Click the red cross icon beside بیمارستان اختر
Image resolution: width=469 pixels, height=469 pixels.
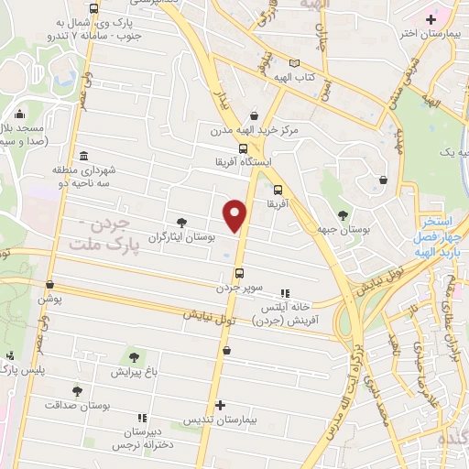tap(431, 18)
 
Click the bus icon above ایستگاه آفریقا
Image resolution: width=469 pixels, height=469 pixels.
tap(243, 148)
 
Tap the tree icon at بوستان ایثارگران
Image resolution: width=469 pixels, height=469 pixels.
tap(181, 222)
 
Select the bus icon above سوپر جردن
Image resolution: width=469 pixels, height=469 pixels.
tap(239, 273)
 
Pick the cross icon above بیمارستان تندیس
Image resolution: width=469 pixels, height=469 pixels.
tap(220, 404)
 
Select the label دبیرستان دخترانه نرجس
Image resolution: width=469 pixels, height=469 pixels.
tap(141, 438)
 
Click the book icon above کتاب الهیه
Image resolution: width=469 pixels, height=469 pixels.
tap(294, 63)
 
